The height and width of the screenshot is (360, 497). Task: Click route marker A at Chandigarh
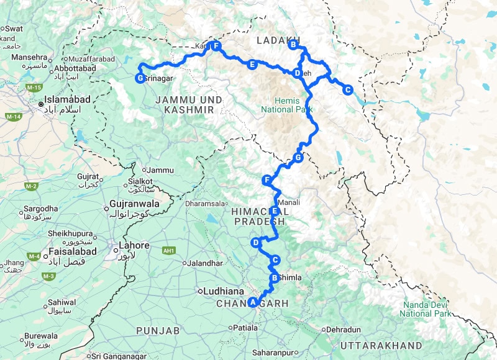pyautogui.click(x=252, y=303)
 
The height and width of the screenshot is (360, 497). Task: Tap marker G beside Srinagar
pyautogui.click(x=140, y=78)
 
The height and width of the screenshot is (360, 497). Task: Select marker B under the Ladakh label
pyautogui.click(x=293, y=44)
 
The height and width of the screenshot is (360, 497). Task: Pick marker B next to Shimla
pyautogui.click(x=274, y=277)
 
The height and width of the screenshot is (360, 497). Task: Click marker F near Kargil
pyautogui.click(x=216, y=46)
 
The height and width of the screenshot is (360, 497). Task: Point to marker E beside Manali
pyautogui.click(x=274, y=211)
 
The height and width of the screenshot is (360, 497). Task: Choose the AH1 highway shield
pyautogui.click(x=167, y=250)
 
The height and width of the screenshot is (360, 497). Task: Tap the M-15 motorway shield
pyautogui.click(x=34, y=89)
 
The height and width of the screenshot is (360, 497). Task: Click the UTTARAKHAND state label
pyautogui.click(x=381, y=345)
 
